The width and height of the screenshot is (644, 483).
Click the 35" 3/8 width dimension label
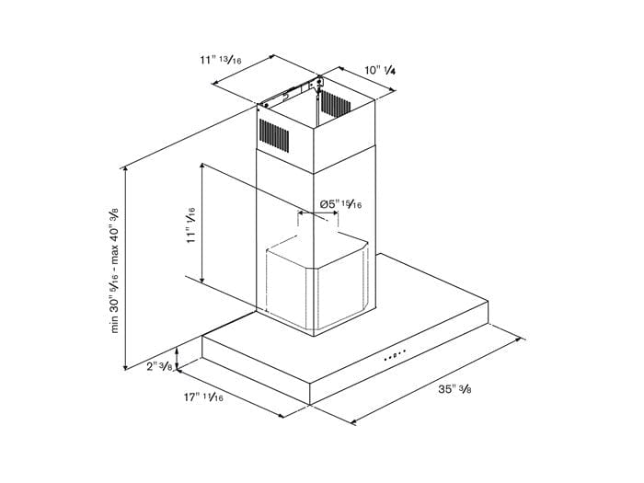(x=454, y=388)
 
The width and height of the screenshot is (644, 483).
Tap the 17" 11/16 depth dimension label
(x=203, y=397)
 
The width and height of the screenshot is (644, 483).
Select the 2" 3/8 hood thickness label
(x=159, y=366)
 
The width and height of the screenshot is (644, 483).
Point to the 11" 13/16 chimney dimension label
(x=221, y=60)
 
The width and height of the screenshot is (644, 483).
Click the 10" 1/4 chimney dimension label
(x=380, y=70)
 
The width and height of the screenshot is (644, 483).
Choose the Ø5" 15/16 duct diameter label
(x=340, y=203)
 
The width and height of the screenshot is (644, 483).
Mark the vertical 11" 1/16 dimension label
(x=191, y=225)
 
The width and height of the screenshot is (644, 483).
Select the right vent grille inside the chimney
(x=336, y=103)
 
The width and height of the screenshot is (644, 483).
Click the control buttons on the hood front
(x=395, y=354)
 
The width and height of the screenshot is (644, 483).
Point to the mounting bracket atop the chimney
(x=291, y=92)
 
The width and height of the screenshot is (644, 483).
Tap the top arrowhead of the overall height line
(x=125, y=167)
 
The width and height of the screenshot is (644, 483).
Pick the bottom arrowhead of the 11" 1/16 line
(x=202, y=282)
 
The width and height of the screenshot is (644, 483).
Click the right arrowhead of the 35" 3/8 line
(x=523, y=339)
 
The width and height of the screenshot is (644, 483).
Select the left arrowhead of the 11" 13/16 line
(x=214, y=84)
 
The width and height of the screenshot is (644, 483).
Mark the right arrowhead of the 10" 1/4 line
(x=394, y=90)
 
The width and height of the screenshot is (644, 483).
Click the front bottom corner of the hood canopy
(x=310, y=404)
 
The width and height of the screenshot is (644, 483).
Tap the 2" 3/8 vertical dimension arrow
(x=177, y=358)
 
